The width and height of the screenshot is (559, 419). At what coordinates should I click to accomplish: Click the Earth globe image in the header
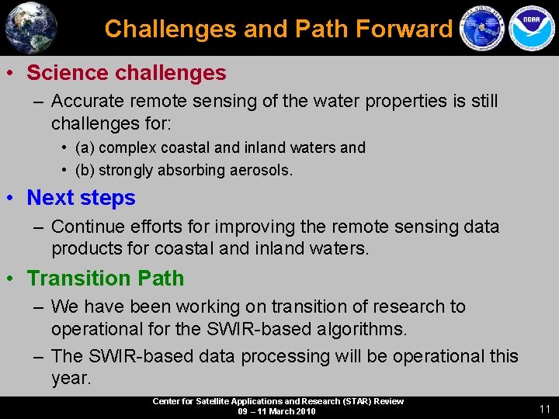(31, 28)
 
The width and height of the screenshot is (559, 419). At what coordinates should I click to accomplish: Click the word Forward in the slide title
(404, 29)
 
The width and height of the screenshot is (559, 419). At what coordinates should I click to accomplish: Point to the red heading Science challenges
(127, 73)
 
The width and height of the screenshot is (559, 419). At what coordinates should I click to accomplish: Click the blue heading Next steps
(81, 198)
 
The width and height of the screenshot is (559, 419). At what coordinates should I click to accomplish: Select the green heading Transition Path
(106, 279)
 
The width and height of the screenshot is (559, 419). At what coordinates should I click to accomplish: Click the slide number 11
(544, 408)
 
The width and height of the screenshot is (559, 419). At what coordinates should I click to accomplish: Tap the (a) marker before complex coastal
(85, 147)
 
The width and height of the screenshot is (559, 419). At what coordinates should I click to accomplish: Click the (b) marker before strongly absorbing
(85, 170)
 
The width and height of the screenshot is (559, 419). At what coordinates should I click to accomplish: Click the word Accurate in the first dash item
(86, 101)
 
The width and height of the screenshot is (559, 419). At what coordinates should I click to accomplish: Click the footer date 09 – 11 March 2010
(277, 411)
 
